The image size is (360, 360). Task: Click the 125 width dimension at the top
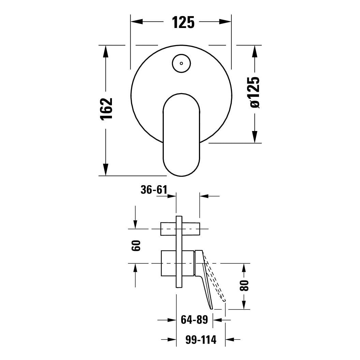(183, 22)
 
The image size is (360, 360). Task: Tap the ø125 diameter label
(255, 92)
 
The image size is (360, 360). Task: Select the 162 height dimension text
(106, 109)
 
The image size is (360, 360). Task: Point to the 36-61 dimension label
(154, 190)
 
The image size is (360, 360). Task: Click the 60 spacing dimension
(136, 246)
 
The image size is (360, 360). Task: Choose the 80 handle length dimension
(244, 285)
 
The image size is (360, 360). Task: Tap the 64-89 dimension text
(194, 319)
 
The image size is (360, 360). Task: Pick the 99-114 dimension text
(201, 340)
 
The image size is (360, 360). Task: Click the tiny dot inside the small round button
(182, 63)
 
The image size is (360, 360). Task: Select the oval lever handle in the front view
(182, 135)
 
